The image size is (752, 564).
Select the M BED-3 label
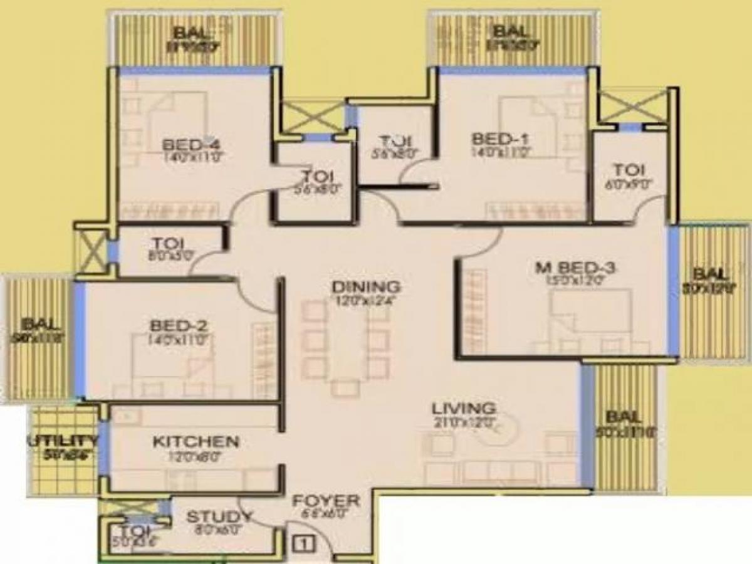pos(576,269)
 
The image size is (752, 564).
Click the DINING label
pos(367,287)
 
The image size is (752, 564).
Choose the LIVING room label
pos(464,409)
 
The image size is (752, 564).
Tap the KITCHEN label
pos(196,442)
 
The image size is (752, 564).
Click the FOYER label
pos(327,501)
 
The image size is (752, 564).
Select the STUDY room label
pos(220,518)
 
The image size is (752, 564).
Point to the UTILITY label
pos(62,442)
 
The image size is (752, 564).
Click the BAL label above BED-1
pos(508,32)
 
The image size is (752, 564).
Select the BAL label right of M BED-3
pos(712,274)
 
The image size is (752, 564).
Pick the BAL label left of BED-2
pos(40,325)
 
